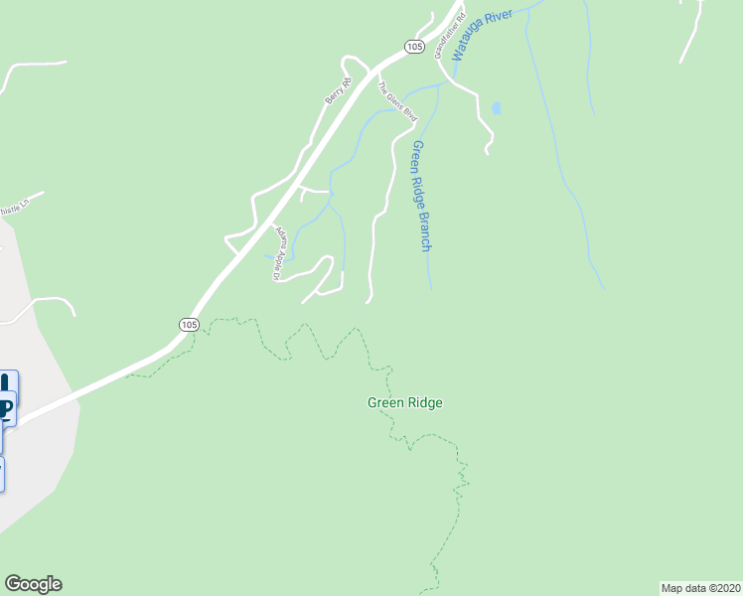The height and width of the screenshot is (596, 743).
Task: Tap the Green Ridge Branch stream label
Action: pyautogui.click(x=421, y=195)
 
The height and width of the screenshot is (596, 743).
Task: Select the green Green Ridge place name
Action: pyautogui.click(x=404, y=402)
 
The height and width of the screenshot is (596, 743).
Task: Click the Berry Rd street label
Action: pyautogui.click(x=339, y=91)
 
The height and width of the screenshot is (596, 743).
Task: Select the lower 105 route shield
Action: pyautogui.click(x=190, y=325)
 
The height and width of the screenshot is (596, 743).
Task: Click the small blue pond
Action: pyautogui.click(x=496, y=107)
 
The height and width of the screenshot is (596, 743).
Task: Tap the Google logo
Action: pyautogui.click(x=33, y=584)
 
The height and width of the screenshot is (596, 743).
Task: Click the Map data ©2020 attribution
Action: pyautogui.click(x=700, y=587)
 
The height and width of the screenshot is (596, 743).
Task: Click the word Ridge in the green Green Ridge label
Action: pyautogui.click(x=423, y=402)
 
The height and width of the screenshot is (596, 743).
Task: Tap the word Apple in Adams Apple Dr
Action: pyautogui.click(x=279, y=255)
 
